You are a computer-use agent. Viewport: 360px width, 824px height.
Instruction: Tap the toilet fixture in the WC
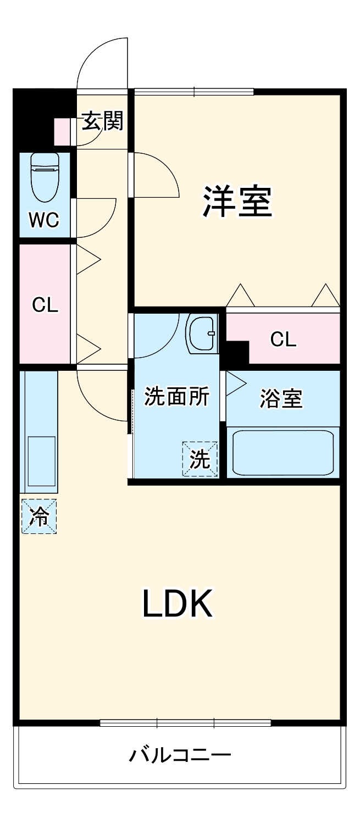(x=45, y=176)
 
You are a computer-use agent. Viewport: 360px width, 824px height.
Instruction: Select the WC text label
(x=44, y=220)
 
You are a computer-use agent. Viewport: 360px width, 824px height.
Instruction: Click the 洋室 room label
(x=237, y=202)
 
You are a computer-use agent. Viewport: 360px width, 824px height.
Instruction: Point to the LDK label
(x=177, y=603)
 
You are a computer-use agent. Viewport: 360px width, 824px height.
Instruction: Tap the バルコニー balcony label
(x=180, y=755)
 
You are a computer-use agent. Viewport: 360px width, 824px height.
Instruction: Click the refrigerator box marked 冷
(x=39, y=516)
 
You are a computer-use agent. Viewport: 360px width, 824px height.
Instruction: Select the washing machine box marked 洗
(x=200, y=459)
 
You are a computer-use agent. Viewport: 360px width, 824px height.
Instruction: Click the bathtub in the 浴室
(x=283, y=453)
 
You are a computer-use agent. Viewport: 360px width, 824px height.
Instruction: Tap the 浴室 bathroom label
(x=281, y=399)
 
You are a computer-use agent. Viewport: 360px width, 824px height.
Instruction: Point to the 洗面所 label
(x=176, y=396)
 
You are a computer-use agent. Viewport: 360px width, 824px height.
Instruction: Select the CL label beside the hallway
(x=45, y=305)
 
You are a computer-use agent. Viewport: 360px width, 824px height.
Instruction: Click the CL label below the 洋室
(x=283, y=340)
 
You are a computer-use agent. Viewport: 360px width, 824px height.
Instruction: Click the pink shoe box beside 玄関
(x=62, y=131)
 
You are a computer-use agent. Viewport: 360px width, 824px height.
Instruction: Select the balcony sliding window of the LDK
(x=185, y=722)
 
